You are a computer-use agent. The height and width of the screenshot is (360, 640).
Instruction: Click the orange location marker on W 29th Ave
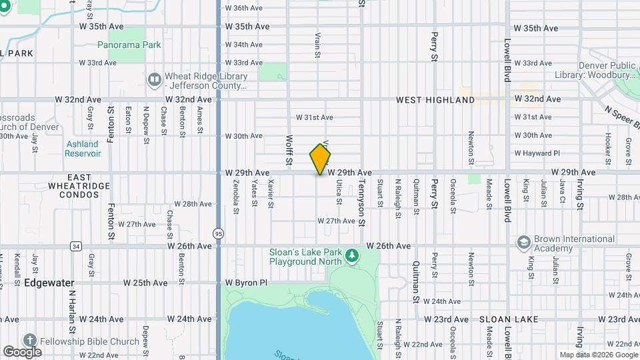(321, 159)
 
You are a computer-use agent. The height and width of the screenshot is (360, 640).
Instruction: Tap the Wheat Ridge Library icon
(155, 80)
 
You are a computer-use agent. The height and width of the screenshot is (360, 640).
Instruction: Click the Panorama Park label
(129, 45)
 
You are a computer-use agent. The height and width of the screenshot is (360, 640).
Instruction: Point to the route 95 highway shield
(219, 233)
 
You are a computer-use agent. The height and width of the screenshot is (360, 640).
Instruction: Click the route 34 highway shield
(76, 246)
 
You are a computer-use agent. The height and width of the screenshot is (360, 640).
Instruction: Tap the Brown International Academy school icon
(523, 241)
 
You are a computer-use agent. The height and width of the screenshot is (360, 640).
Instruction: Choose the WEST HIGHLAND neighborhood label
(435, 100)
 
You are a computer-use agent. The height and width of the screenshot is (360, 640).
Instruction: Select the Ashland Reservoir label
(83, 148)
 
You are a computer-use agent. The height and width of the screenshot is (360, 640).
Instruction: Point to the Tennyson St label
(363, 208)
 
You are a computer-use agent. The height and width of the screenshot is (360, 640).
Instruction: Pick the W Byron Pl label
(246, 283)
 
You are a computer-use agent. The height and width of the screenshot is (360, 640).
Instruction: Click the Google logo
(22, 351)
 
